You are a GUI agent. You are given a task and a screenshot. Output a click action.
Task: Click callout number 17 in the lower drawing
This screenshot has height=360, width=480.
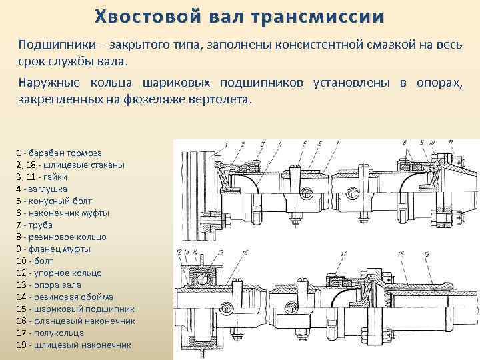[343, 253]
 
